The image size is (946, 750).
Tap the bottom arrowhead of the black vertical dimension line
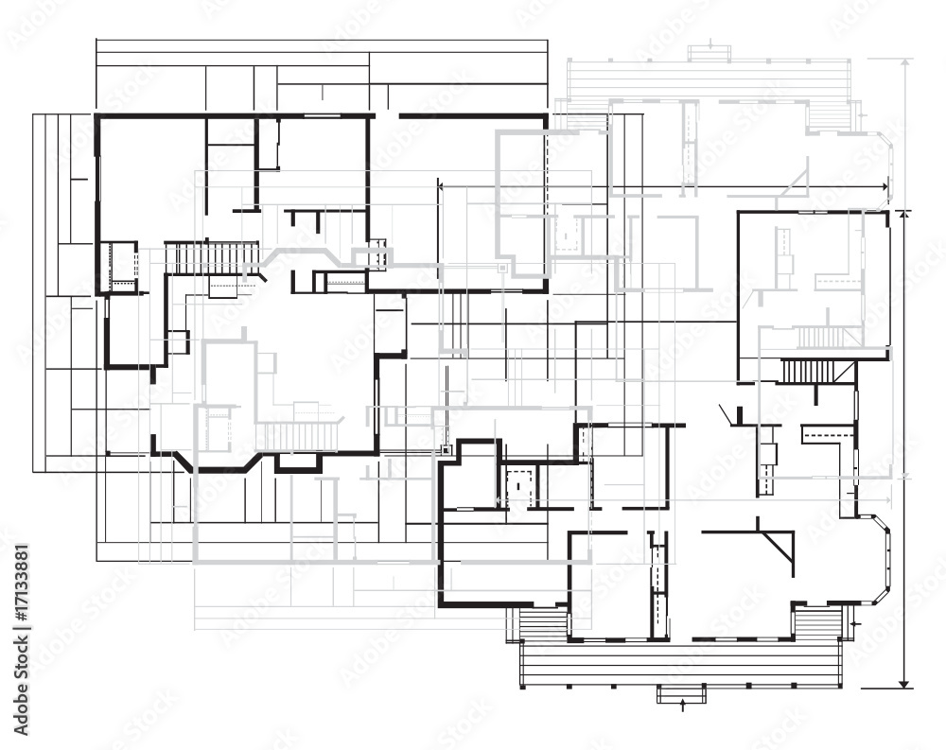[x=903, y=683]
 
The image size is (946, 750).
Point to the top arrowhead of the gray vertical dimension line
[x=905, y=62]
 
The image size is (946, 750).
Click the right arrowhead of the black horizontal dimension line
[x=885, y=186]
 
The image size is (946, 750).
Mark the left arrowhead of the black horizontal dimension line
[x=441, y=186]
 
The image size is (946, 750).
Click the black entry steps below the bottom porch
[x=681, y=694]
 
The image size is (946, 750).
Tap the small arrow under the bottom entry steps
[x=682, y=705]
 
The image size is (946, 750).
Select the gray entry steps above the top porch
[x=710, y=54]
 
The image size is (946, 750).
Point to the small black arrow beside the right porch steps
[x=854, y=622]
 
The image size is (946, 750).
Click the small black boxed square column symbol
[x=446, y=449]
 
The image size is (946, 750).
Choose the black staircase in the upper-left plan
[x=211, y=257]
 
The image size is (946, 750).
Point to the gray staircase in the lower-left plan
[x=298, y=436]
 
